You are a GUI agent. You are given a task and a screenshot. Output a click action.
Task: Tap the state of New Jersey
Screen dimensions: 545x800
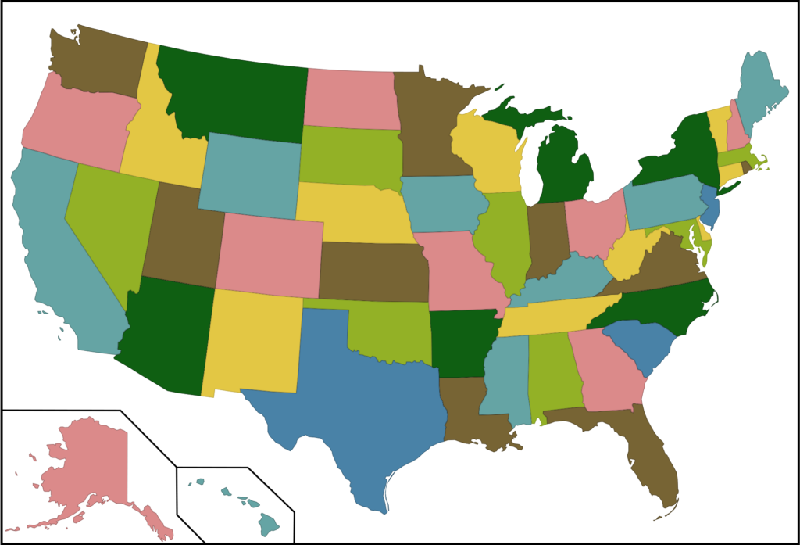click(710, 207)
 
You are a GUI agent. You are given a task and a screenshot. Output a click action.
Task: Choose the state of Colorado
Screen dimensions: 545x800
click(270, 254)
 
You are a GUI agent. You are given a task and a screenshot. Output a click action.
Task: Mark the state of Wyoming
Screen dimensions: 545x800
click(250, 176)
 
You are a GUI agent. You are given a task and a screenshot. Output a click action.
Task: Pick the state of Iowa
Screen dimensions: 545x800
click(441, 203)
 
